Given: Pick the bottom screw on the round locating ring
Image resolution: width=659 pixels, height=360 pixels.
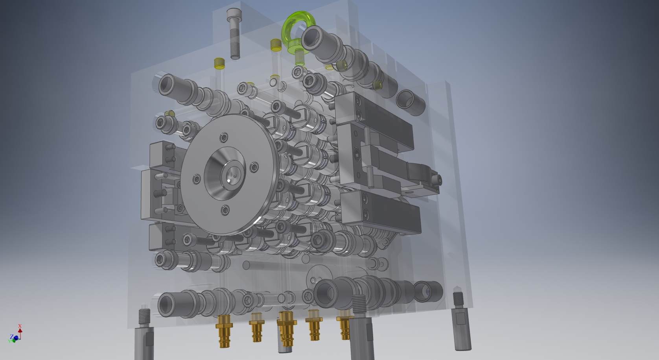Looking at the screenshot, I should pos(225,210).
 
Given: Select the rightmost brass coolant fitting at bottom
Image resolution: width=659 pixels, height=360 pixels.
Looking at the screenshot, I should pos(345,325).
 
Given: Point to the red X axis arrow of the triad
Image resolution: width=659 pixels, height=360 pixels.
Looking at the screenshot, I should pos(20,327).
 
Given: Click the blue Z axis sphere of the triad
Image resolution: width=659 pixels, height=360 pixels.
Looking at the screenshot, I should pos(16,338).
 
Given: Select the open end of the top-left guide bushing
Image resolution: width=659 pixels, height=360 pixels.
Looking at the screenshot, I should pos(168,85).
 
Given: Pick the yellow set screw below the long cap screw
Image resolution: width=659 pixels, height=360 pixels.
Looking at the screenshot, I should pos(219,63).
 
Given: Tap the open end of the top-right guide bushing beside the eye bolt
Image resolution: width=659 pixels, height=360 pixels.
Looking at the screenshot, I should pos(313,40).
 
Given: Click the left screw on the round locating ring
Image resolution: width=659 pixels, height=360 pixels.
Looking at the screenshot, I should pos(197,180).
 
